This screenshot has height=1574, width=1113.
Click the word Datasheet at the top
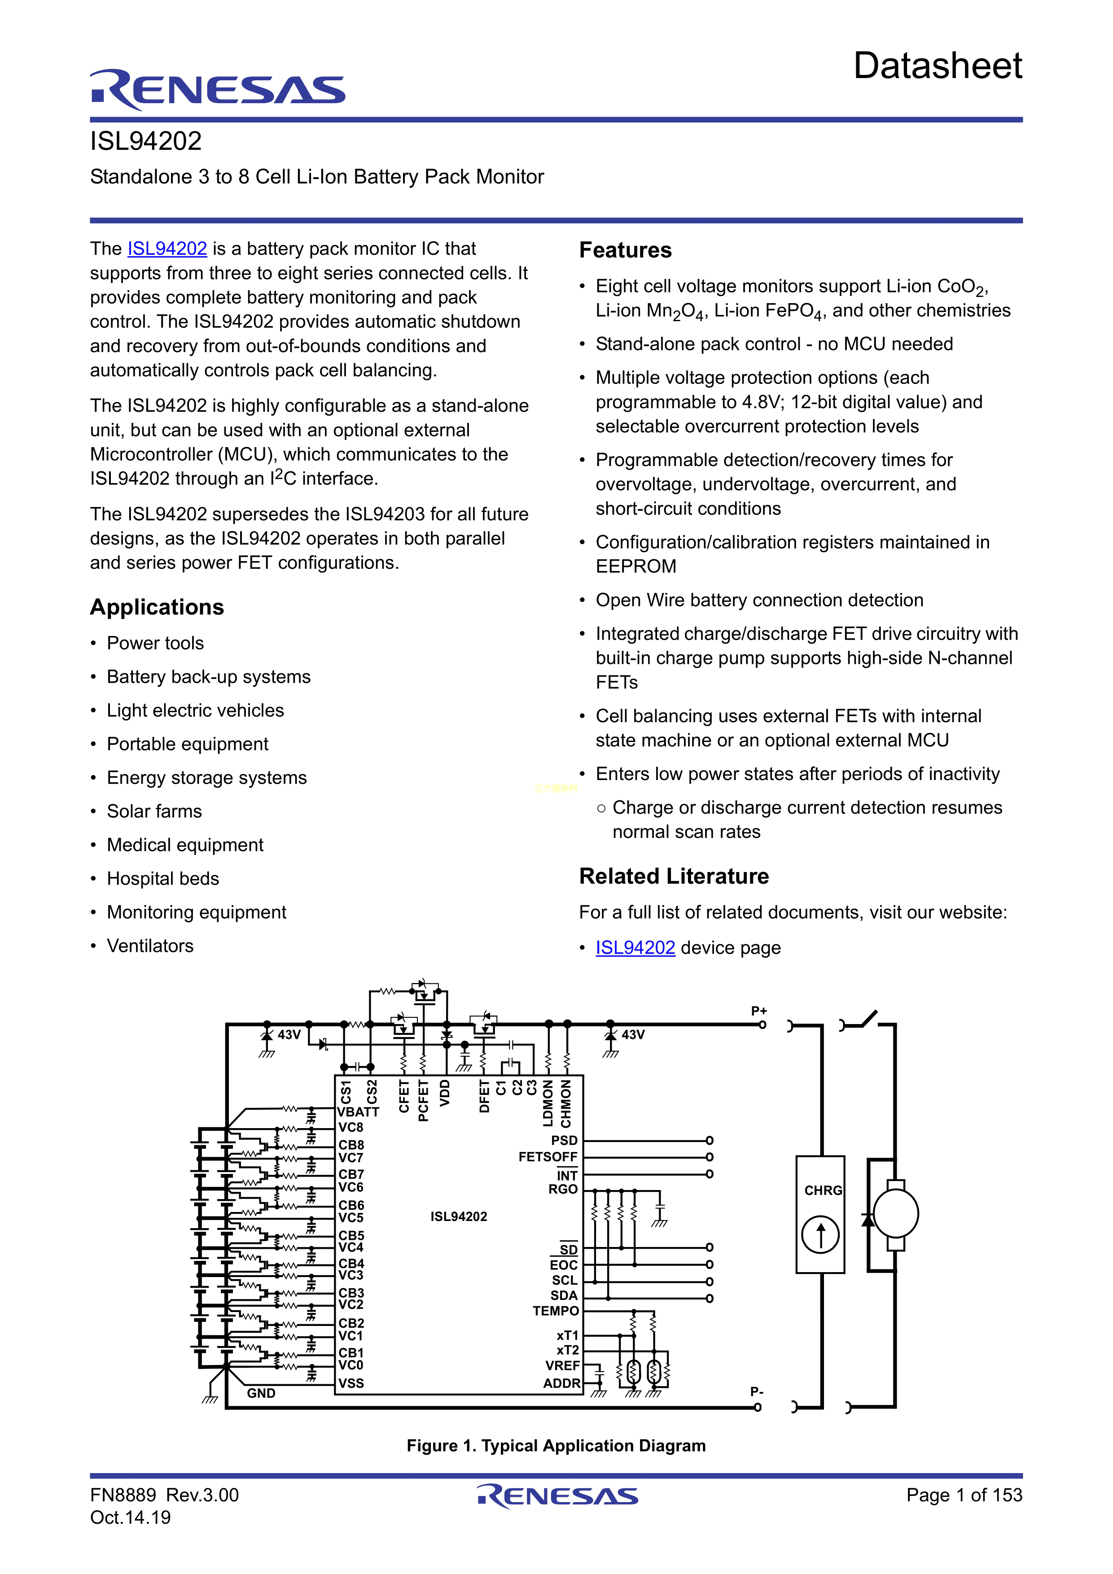coord(938,66)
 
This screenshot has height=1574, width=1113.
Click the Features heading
coord(626,250)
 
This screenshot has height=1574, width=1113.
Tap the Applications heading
coord(157,607)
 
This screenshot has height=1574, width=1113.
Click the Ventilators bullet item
coord(150,946)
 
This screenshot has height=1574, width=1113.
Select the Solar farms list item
coord(154,812)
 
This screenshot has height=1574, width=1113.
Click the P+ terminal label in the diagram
coord(758,1011)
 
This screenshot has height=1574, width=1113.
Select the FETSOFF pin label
coord(548,1157)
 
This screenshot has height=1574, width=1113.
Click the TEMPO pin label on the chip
coord(556,1311)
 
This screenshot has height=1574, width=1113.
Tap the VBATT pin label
coord(358,1112)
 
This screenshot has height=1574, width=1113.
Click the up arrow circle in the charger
coord(820,1234)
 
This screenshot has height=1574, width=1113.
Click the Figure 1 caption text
coord(556,1445)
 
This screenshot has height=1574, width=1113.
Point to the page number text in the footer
coord(964,1495)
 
